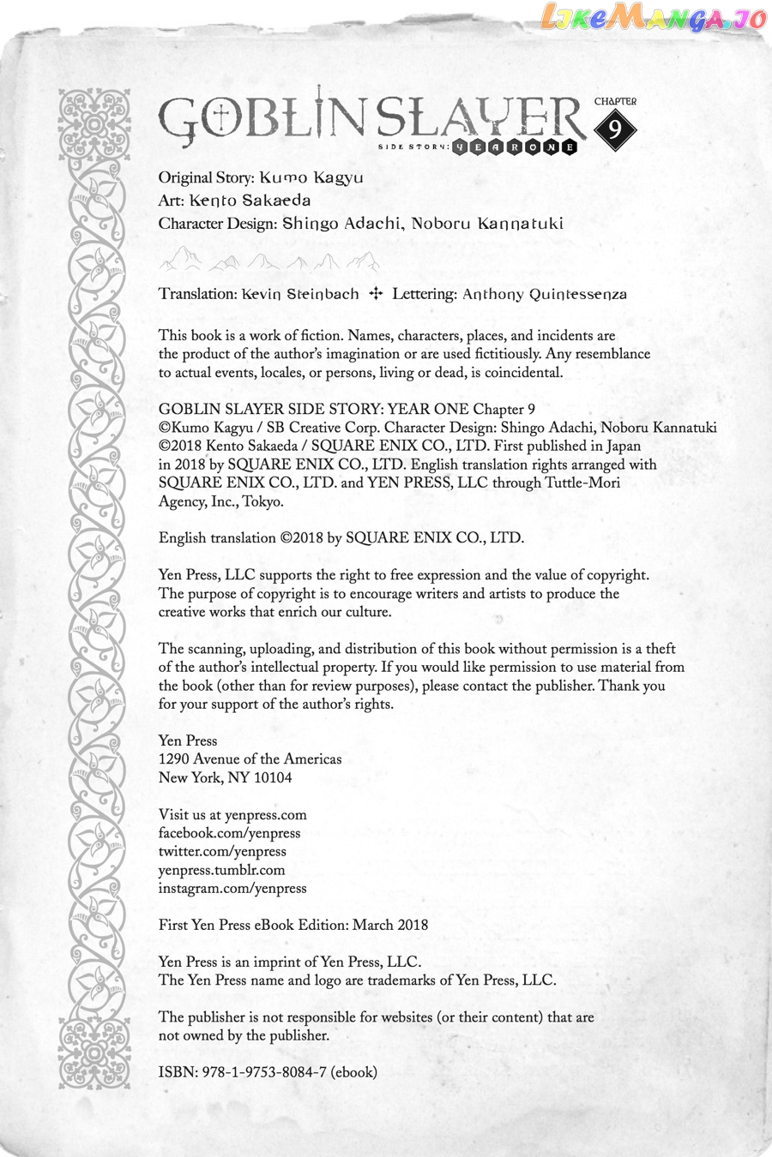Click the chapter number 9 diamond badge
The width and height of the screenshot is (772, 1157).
pyautogui.click(x=615, y=129)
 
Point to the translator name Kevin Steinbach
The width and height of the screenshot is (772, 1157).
pyautogui.click(x=300, y=294)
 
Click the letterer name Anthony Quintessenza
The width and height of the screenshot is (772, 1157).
pyautogui.click(x=545, y=294)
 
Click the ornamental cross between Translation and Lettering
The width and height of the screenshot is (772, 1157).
pyautogui.click(x=375, y=294)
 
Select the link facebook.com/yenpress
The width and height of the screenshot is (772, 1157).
pyautogui.click(x=229, y=833)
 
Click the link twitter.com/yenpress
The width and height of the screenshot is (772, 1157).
pyautogui.click(x=222, y=851)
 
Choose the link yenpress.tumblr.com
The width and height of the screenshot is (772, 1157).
pyautogui.click(x=221, y=870)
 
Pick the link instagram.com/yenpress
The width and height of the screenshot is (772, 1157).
pyautogui.click(x=232, y=888)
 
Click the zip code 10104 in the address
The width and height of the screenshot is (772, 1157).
pyautogui.click(x=273, y=777)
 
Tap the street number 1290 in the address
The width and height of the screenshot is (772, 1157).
pyautogui.click(x=174, y=758)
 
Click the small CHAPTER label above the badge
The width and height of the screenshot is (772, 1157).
pyautogui.click(x=615, y=101)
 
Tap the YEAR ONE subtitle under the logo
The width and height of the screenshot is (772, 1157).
pyautogui.click(x=515, y=147)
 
